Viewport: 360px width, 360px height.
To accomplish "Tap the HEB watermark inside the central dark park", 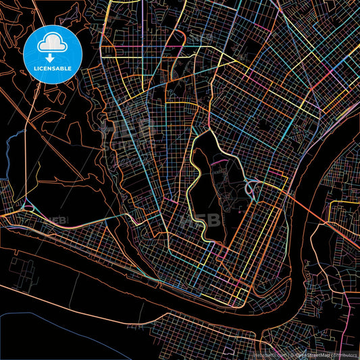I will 207,220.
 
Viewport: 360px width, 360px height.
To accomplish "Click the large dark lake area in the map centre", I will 203,196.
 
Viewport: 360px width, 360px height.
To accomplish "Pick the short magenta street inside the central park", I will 217,162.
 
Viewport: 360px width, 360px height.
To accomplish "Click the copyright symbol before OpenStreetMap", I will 291,354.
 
